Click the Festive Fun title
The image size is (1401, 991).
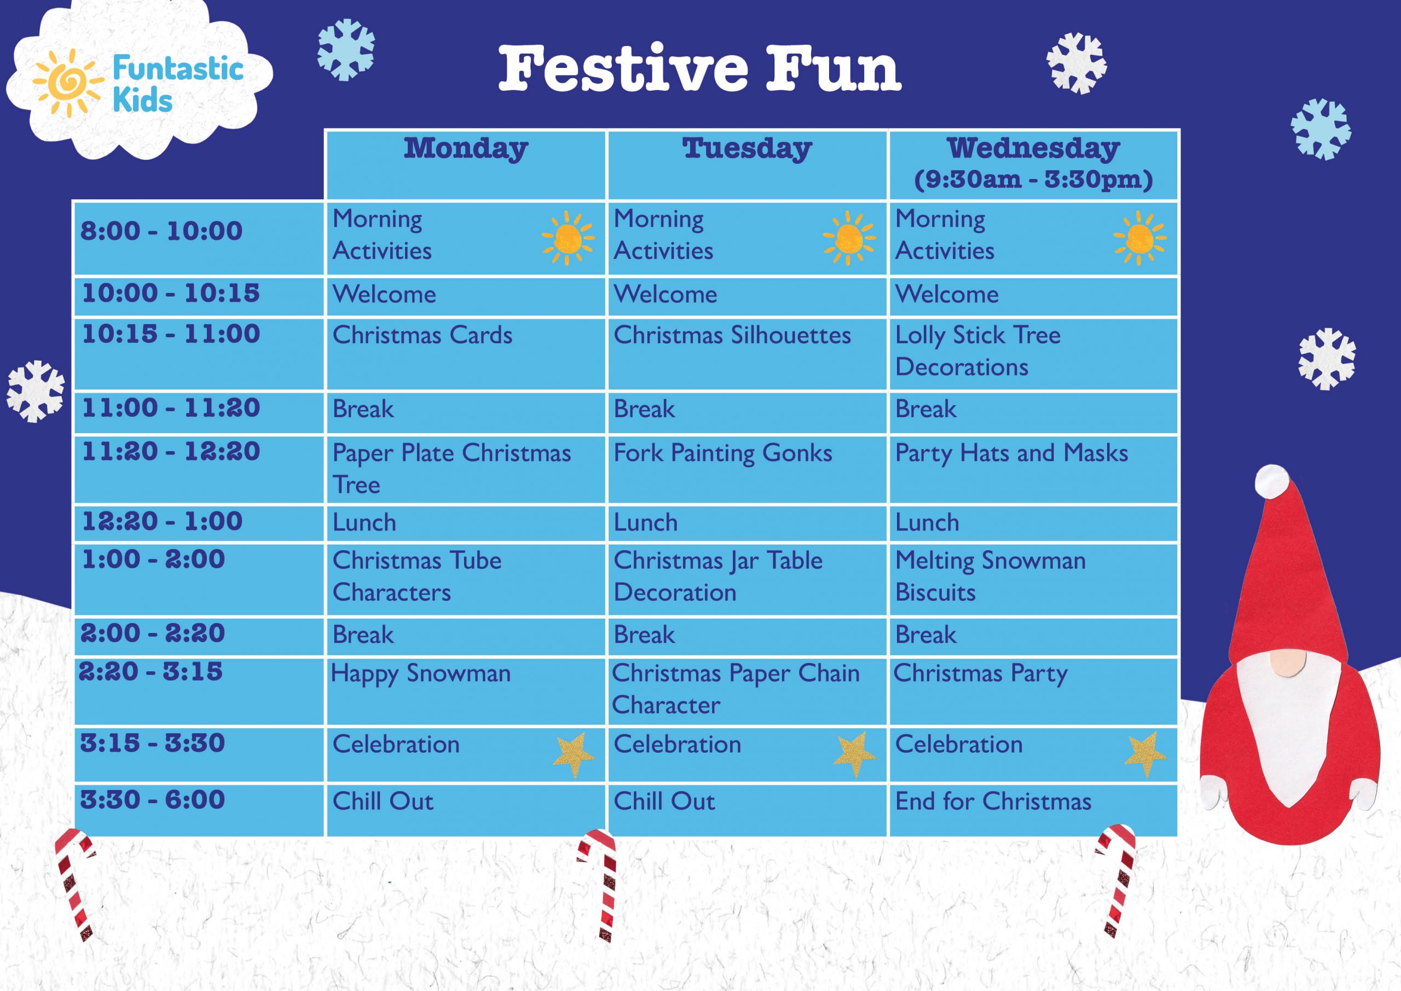699,68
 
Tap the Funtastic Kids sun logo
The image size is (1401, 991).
66,83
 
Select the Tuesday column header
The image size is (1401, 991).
747,149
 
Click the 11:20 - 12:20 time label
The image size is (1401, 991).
171,452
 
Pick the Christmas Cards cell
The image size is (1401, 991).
422,335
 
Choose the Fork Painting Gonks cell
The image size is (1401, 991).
722,453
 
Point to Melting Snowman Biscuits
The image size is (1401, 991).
990,576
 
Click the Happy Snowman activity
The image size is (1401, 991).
420,673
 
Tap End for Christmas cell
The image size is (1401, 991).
993,801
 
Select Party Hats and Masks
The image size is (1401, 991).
1011,453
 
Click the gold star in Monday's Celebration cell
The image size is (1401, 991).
574,754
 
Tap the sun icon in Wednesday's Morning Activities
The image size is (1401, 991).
1139,238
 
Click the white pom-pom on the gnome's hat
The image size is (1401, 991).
1272,481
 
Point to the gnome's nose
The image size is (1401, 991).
1288,663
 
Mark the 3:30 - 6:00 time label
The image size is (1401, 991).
153,800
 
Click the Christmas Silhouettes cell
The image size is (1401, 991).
732,335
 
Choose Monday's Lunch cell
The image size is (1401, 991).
364,523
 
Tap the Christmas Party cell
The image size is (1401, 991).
980,673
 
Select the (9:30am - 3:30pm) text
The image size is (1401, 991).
1033,180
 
